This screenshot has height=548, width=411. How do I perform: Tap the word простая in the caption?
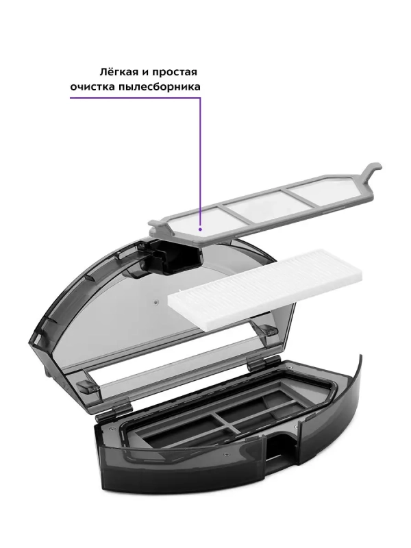[x=180, y=71]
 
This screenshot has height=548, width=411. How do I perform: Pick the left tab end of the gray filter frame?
[x=157, y=225]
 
